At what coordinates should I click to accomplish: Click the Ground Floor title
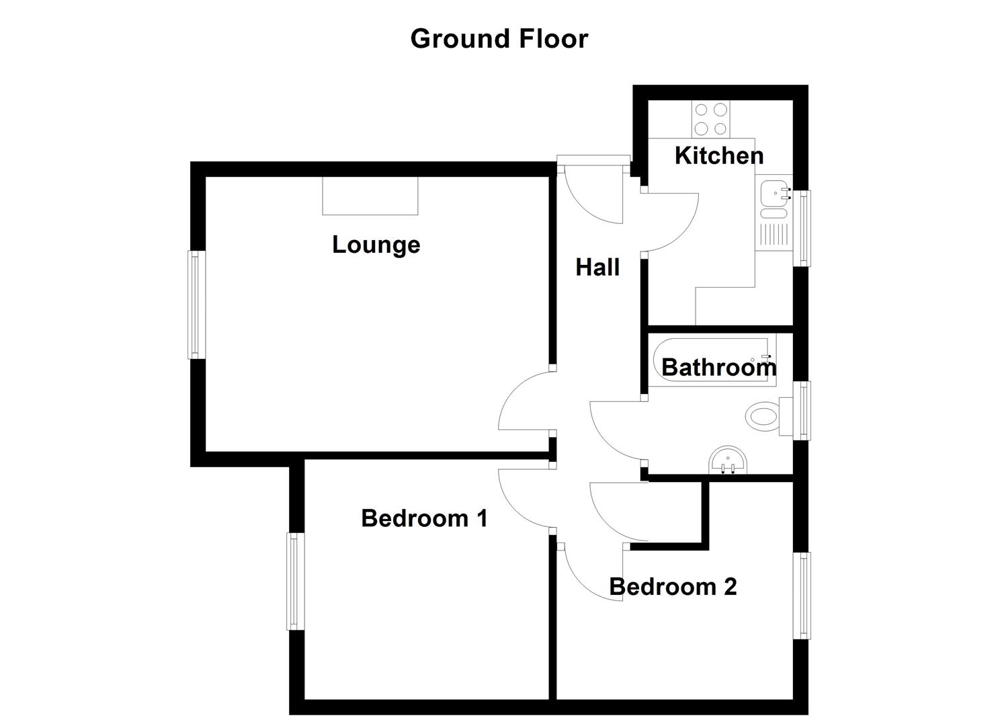499,38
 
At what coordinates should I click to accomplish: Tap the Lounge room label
376,244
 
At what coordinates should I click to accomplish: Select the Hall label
597,268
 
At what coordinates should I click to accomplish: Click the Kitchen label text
718,155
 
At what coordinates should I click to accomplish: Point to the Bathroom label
718,367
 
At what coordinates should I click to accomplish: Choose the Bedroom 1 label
424,518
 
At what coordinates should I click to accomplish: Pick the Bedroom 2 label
673,587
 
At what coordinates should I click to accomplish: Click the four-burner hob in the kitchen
711,119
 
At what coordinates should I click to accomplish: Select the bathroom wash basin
728,461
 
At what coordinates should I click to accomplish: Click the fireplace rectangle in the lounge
370,196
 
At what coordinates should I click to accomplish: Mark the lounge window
196,305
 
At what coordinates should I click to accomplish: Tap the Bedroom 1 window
294,581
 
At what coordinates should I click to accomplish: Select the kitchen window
802,228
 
